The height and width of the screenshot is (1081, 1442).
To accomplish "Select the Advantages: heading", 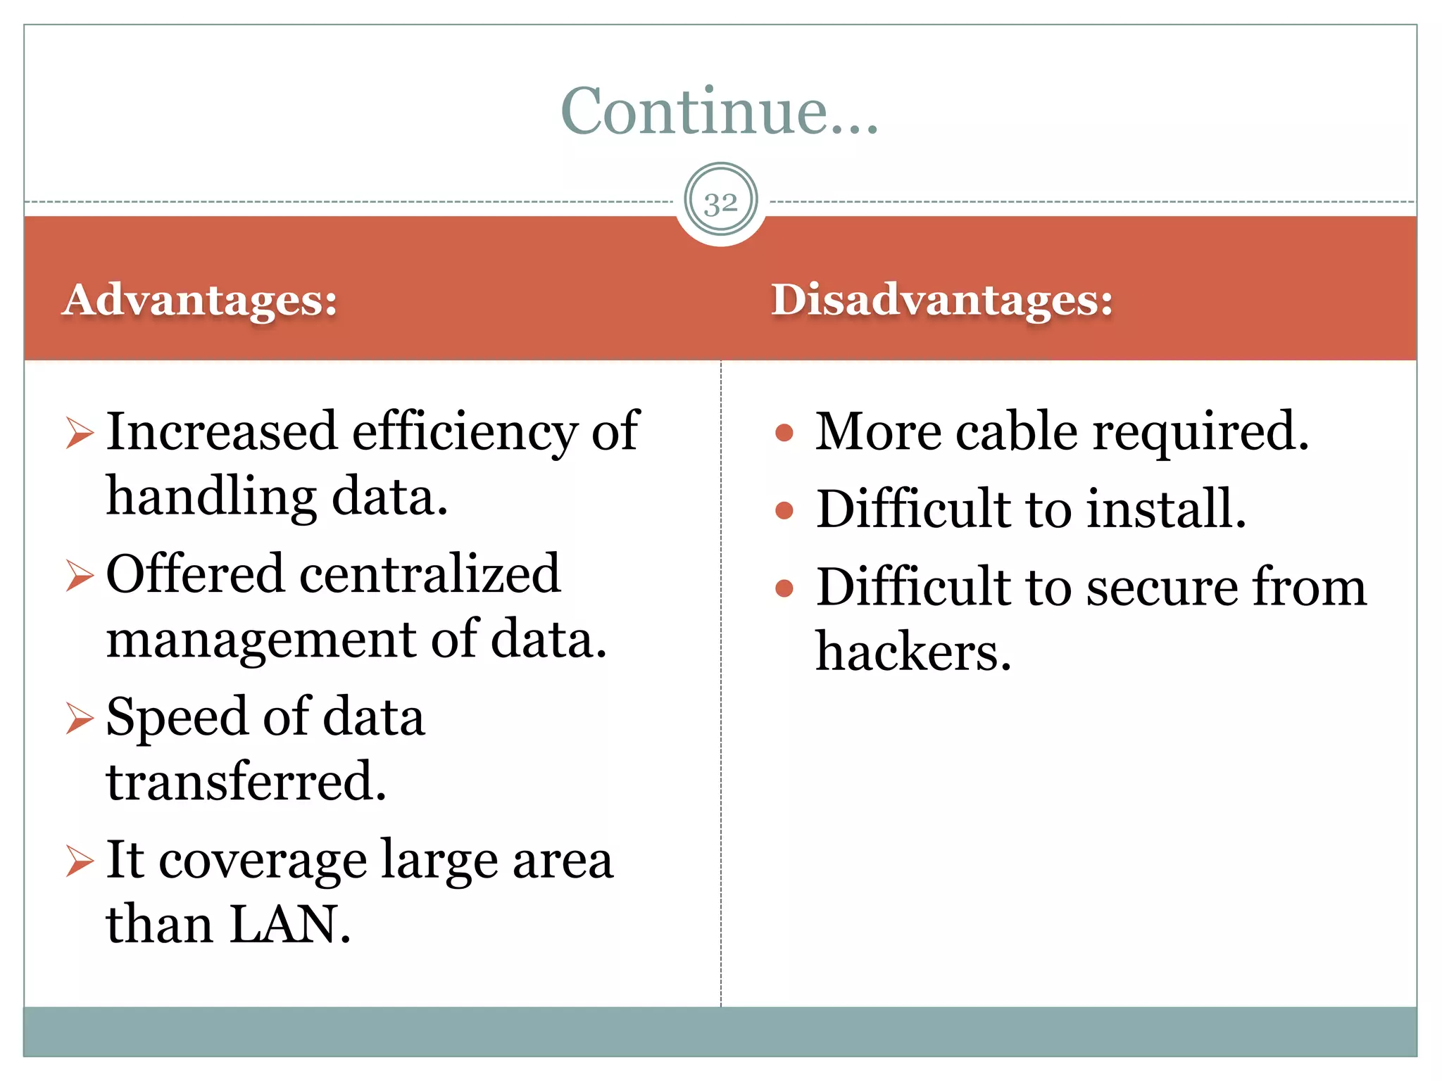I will [x=200, y=300].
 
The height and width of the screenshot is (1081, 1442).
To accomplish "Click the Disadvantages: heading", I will [x=942, y=300].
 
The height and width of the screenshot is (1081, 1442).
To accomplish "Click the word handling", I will [x=211, y=497].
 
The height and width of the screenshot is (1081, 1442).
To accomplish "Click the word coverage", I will [x=263, y=861].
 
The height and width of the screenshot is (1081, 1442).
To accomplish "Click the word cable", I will [x=1016, y=431].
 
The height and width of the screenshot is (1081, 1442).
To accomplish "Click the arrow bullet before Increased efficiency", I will [x=80, y=432].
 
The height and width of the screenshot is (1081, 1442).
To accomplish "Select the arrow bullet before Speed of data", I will [x=80, y=718].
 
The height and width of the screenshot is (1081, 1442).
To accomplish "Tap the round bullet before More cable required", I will [x=784, y=432].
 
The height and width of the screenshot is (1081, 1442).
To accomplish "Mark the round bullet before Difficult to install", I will [x=784, y=510].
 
